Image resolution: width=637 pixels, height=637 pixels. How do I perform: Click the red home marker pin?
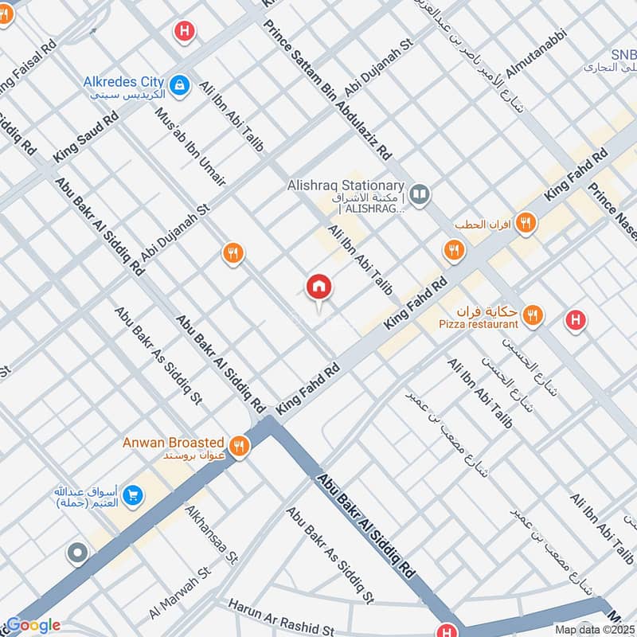[x=319, y=287]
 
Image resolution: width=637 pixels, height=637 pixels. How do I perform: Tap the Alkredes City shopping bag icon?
[x=182, y=83]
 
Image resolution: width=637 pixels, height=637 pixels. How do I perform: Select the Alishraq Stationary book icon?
[x=420, y=193]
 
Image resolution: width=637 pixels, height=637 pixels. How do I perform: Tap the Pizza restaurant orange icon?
[x=533, y=316]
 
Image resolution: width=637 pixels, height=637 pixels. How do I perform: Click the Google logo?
[x=33, y=625]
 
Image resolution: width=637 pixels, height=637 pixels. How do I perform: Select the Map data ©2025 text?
[x=592, y=629]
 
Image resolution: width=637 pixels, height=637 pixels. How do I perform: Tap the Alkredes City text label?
[x=124, y=82]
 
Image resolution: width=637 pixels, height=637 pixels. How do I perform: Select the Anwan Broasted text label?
[x=173, y=442]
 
